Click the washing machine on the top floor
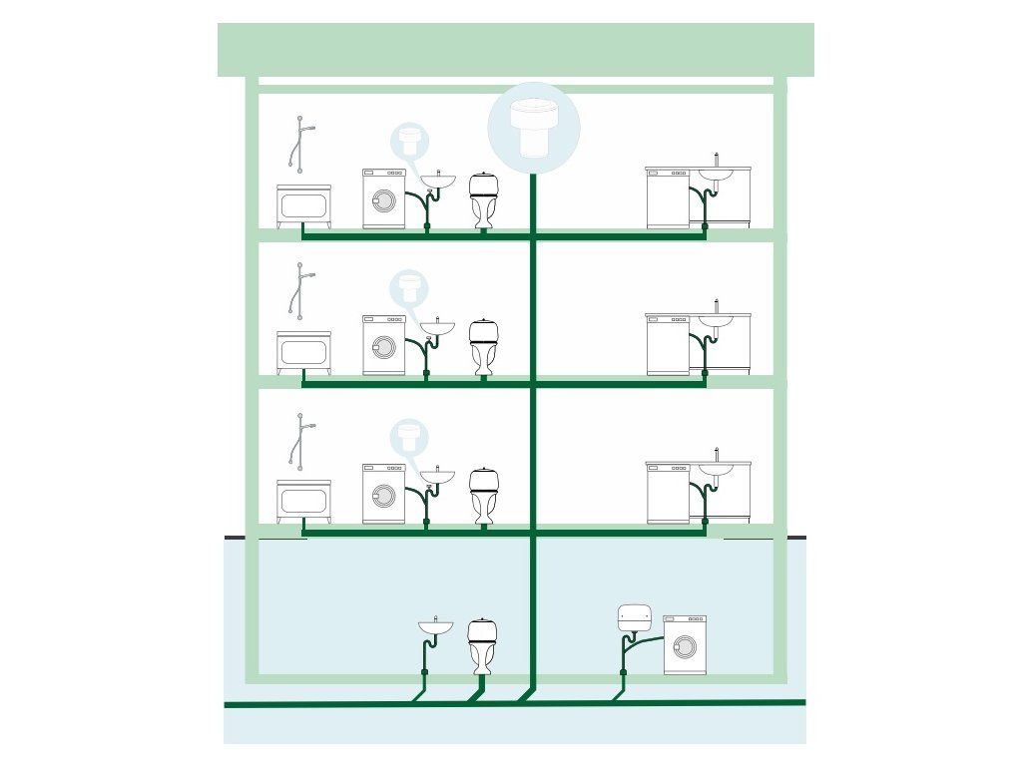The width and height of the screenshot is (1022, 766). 383,198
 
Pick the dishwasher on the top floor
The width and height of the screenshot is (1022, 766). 668,198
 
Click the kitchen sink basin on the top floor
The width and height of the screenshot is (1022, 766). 715,175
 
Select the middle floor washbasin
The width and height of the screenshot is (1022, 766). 437,327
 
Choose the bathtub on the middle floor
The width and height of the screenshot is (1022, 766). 303,352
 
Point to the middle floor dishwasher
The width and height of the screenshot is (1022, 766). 668,345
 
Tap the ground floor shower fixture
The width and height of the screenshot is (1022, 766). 297,440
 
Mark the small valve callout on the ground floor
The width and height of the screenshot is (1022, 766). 407,436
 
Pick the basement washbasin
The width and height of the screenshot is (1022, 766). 435,627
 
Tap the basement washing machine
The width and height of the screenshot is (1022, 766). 685,644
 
